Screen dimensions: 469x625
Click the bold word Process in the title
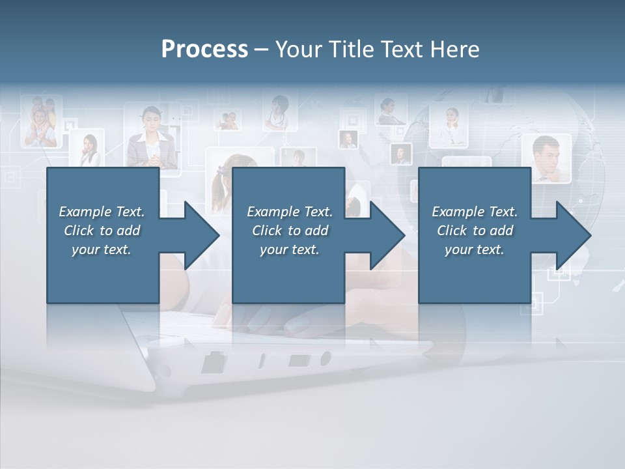click(x=204, y=50)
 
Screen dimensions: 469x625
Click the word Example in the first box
click(x=85, y=212)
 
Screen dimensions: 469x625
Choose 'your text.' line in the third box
click(x=474, y=249)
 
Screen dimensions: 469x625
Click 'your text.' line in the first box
click(x=102, y=249)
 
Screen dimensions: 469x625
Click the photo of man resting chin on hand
click(x=546, y=158)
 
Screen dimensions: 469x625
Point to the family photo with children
click(x=41, y=122)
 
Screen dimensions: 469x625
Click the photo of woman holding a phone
click(x=88, y=149)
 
